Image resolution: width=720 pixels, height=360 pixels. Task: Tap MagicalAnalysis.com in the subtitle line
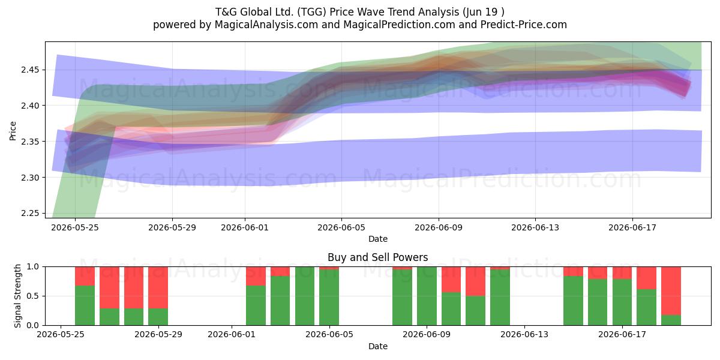click(x=266, y=25)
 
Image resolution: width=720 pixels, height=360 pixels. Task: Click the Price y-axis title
click(x=13, y=131)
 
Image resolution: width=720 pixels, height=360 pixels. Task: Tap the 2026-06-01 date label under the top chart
click(x=245, y=227)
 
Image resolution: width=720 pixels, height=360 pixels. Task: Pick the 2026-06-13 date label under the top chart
click(x=535, y=227)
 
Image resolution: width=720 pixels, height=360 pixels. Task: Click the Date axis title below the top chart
click(x=378, y=239)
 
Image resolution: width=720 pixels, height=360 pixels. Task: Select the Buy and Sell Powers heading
click(x=377, y=257)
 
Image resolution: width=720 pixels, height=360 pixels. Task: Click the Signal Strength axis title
click(x=17, y=296)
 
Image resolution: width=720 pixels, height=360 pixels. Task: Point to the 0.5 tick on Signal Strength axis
click(x=34, y=296)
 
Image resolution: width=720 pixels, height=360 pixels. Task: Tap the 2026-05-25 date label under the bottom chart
click(x=61, y=334)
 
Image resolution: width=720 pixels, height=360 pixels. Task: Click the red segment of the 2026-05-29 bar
click(x=158, y=287)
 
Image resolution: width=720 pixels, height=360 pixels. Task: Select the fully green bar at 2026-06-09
click(x=427, y=296)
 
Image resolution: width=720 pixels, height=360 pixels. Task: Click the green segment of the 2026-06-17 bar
click(x=622, y=302)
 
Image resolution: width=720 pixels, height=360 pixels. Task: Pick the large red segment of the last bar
click(x=671, y=291)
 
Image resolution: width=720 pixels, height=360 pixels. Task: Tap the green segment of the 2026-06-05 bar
click(x=329, y=298)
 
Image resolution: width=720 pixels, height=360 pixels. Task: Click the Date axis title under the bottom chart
click(x=378, y=346)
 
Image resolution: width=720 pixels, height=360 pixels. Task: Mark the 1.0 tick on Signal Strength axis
click(x=34, y=266)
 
